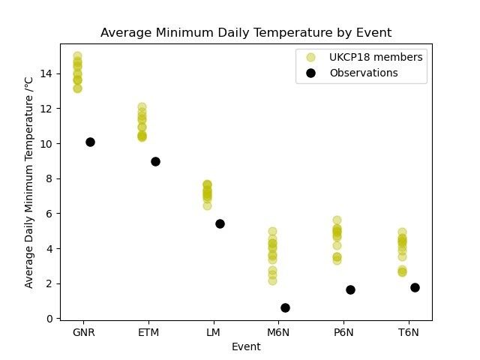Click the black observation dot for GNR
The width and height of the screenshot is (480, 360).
(x=90, y=142)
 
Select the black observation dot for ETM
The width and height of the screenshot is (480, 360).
(x=155, y=161)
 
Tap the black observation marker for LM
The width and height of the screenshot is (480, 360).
(x=220, y=223)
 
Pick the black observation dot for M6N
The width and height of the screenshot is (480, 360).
(x=285, y=307)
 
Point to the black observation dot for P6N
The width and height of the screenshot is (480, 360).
(x=350, y=289)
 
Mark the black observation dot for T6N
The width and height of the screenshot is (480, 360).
(x=415, y=287)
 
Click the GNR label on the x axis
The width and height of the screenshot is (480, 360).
(x=83, y=332)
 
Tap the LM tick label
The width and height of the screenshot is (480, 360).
(x=213, y=332)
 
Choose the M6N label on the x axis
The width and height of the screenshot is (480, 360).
(x=277, y=332)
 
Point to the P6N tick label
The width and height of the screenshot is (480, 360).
(x=343, y=332)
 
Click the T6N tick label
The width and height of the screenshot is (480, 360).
(x=407, y=332)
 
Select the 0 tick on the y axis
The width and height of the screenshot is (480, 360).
(x=49, y=319)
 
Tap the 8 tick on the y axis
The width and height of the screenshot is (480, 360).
(x=49, y=178)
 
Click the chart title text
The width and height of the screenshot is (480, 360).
(x=246, y=33)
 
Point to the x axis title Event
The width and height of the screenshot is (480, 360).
(x=246, y=346)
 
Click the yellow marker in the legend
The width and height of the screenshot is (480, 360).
(x=311, y=57)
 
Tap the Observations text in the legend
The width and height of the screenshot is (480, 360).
(x=364, y=73)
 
